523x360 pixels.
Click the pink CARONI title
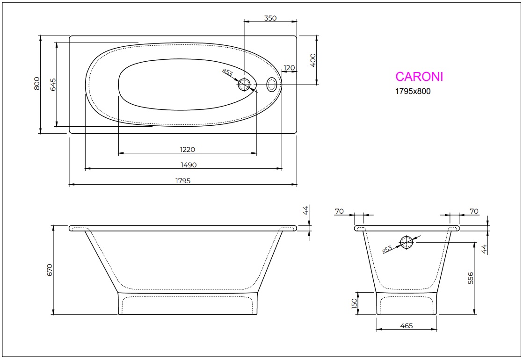(419, 77)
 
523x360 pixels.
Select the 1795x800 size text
(413, 92)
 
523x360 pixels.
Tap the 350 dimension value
(270, 18)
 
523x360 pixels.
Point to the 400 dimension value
(313, 60)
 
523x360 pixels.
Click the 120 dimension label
(289, 68)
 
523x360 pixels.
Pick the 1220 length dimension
(187, 150)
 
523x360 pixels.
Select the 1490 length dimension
(189, 165)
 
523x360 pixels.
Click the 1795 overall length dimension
(183, 180)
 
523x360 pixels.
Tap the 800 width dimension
(36, 84)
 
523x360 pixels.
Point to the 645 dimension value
(53, 84)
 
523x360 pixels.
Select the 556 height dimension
(471, 278)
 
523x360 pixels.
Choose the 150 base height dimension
(354, 303)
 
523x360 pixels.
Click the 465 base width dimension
(407, 326)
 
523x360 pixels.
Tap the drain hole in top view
(245, 85)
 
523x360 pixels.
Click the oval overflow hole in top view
(272, 85)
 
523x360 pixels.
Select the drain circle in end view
(406, 242)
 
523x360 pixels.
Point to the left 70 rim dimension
(339, 211)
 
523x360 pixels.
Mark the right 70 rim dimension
(474, 211)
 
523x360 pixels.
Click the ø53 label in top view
(227, 73)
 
